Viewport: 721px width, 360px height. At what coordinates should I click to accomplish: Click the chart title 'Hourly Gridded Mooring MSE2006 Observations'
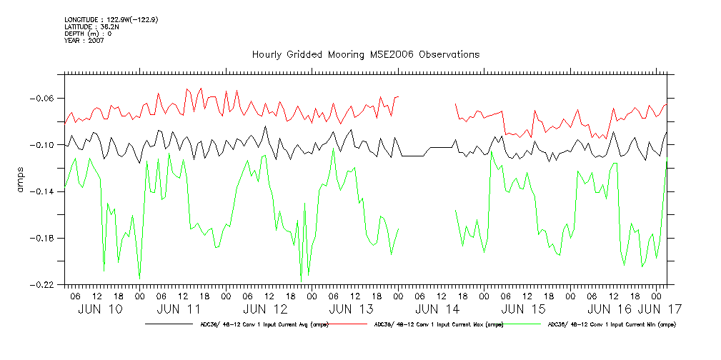tap(365, 55)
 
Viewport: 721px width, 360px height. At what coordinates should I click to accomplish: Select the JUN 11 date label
tap(179, 309)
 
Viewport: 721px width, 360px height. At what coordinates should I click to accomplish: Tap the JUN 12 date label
tap(265, 309)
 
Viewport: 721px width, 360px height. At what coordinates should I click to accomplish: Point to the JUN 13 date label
tap(351, 309)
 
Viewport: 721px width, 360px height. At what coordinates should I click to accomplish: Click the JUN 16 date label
tap(609, 309)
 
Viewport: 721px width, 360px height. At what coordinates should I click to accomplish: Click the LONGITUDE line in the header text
tap(111, 19)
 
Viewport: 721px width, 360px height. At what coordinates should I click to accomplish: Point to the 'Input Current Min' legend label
tap(610, 324)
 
